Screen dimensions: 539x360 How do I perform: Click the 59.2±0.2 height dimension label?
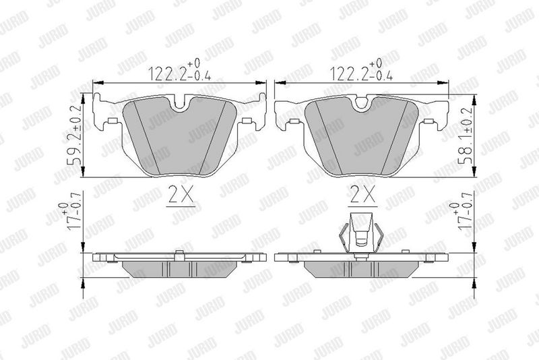click(75, 134)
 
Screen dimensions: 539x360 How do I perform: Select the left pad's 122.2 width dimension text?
click(179, 71)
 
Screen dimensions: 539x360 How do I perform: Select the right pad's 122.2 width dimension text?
click(361, 71)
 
